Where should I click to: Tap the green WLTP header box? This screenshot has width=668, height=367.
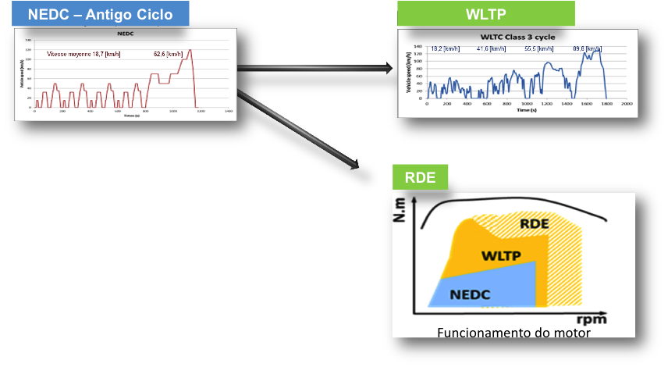(485, 14)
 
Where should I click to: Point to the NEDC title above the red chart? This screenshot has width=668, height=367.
(125, 35)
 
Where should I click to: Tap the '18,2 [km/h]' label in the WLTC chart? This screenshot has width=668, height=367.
(445, 48)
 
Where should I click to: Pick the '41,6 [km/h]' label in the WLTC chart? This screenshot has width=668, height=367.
(489, 48)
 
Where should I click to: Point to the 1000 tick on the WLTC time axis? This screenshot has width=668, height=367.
(527, 104)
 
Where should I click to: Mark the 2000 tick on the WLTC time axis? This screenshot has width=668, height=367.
(626, 104)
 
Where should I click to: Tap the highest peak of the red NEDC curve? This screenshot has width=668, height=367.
(190, 51)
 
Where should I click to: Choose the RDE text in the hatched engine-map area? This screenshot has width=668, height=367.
(539, 226)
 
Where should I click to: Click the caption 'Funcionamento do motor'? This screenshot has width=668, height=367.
(513, 333)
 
